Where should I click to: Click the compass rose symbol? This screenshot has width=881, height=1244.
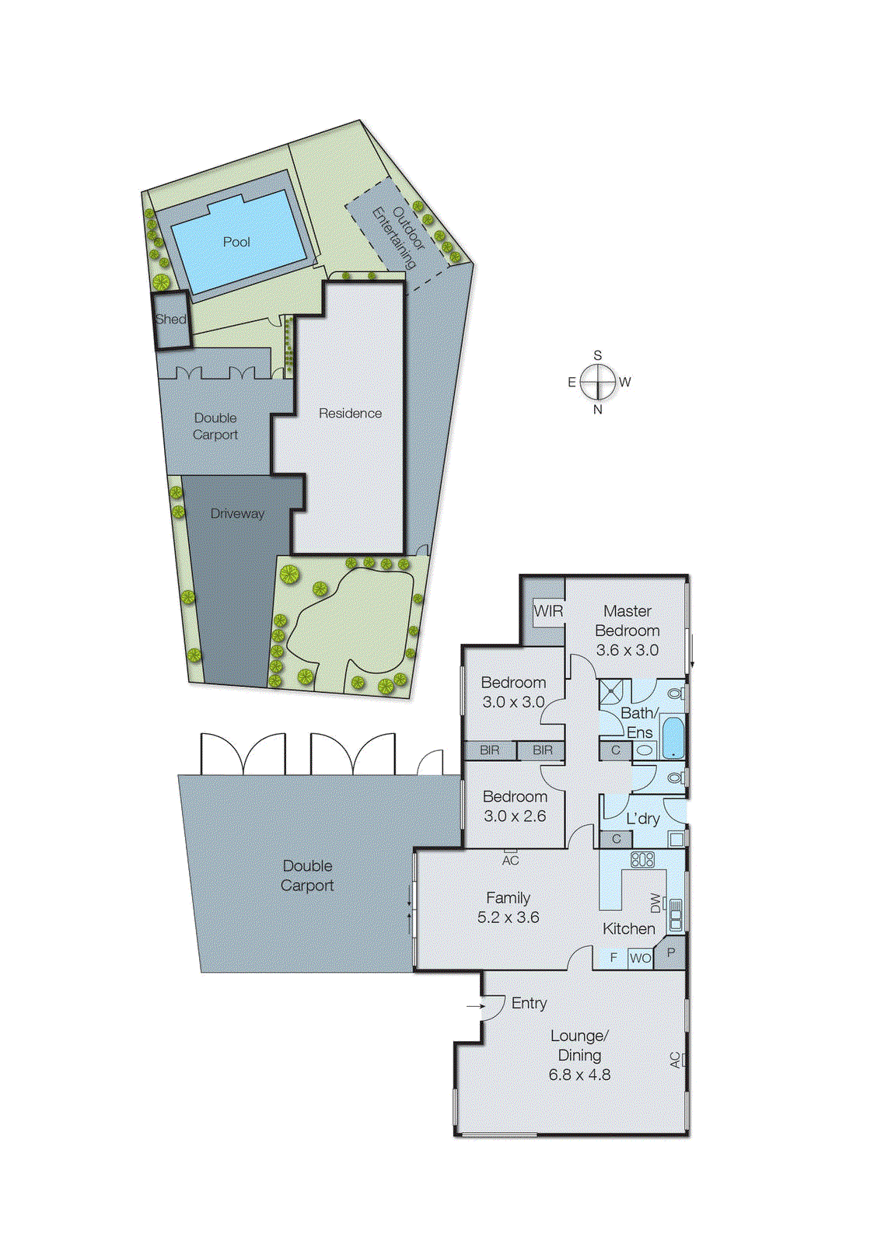(598, 382)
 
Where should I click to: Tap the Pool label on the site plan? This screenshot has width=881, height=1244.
(236, 242)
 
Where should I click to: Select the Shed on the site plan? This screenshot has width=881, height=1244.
(171, 320)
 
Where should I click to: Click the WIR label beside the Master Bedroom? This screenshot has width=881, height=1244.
(548, 611)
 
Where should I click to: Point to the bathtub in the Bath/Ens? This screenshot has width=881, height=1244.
(673, 738)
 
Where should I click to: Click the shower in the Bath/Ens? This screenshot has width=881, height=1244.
(614, 691)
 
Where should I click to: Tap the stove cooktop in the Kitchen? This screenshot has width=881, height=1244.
(642, 859)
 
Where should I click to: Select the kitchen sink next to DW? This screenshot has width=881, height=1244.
(676, 915)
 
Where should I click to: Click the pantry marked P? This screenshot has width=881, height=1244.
(670, 953)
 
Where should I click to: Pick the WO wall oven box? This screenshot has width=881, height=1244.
(640, 958)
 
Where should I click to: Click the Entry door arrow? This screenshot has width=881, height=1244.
(475, 1006)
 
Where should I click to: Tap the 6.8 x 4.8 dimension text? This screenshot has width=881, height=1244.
(579, 1075)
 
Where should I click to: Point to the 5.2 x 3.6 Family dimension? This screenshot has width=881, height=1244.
(508, 917)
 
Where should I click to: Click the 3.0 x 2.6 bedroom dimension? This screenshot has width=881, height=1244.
(515, 816)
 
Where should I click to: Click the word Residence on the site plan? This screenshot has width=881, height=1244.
(350, 414)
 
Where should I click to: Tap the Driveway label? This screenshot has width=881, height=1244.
(237, 513)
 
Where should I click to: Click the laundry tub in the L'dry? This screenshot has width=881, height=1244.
(676, 839)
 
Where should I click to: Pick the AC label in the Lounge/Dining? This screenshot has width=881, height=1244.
(675, 1059)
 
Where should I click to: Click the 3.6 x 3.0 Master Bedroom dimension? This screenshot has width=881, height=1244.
(627, 650)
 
